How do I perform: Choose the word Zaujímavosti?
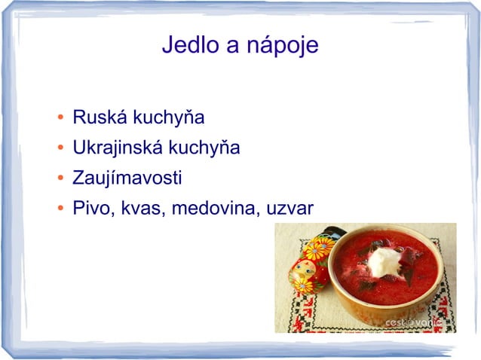(x=127, y=179)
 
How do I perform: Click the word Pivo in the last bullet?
(x=90, y=208)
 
